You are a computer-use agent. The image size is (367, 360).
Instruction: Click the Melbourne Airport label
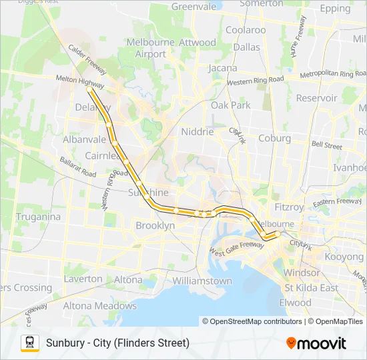(x=146, y=48)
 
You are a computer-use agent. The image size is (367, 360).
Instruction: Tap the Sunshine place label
(x=147, y=193)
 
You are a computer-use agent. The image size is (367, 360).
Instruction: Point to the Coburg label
(x=274, y=138)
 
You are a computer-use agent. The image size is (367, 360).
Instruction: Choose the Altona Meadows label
(x=99, y=306)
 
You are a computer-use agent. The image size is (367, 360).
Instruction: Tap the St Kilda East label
(x=312, y=287)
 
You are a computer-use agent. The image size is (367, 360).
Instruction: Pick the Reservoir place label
(x=316, y=98)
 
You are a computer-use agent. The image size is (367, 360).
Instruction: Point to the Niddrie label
(x=198, y=132)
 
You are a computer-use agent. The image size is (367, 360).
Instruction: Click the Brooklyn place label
(x=155, y=226)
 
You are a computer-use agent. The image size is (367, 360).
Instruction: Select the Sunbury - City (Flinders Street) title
(x=118, y=343)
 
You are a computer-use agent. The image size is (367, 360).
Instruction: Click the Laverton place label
(x=83, y=279)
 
